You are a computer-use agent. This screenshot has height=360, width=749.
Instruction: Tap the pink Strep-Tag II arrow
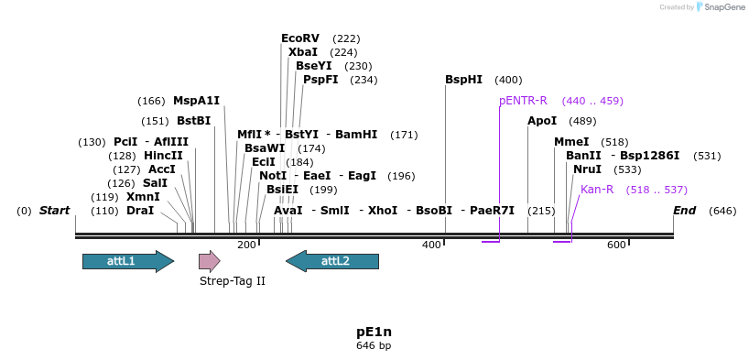coord(210,261)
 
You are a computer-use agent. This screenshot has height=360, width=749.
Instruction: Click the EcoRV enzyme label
coord(300,38)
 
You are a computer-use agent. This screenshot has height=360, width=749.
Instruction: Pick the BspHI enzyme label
coord(463,80)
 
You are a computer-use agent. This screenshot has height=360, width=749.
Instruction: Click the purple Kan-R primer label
coord(597,190)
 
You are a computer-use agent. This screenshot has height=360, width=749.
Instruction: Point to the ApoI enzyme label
coord(542,121)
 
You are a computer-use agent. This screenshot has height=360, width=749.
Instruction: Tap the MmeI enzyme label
coord(571,142)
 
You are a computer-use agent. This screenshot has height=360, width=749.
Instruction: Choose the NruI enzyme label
coord(587,169)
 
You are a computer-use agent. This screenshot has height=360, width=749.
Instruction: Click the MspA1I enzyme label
coord(196,101)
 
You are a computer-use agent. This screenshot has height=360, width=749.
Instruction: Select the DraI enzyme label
coord(140,211)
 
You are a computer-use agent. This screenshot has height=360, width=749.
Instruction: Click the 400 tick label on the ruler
coord(431,245)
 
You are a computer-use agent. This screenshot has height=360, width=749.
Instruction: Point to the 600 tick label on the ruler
coord(616,245)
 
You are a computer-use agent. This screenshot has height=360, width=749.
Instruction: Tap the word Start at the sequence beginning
coord(54,211)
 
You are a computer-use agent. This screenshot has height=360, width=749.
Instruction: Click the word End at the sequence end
coord(685,211)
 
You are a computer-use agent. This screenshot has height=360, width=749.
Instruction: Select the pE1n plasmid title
coord(374,332)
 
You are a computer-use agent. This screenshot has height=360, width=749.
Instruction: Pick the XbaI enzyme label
coord(303,52)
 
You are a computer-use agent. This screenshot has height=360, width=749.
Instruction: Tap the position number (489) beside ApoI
coord(582,121)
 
